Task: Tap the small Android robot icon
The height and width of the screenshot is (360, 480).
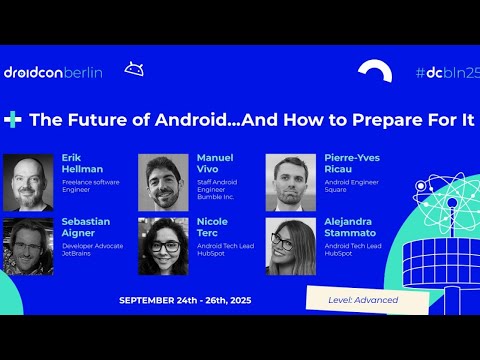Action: pos(133,69)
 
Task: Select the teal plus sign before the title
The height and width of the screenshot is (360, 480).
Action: pos(13,119)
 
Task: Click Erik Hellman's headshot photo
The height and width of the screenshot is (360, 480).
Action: pos(28,182)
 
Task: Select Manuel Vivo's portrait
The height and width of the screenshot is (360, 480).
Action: pos(163,182)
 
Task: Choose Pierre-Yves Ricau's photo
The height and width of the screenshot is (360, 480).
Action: pos(291,182)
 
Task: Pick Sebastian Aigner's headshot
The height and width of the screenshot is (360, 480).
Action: pos(28,246)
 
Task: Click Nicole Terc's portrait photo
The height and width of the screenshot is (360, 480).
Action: pos(163,246)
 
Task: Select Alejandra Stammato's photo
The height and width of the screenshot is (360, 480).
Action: pos(291,246)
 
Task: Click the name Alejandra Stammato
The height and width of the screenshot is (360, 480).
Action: pos(350,228)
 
